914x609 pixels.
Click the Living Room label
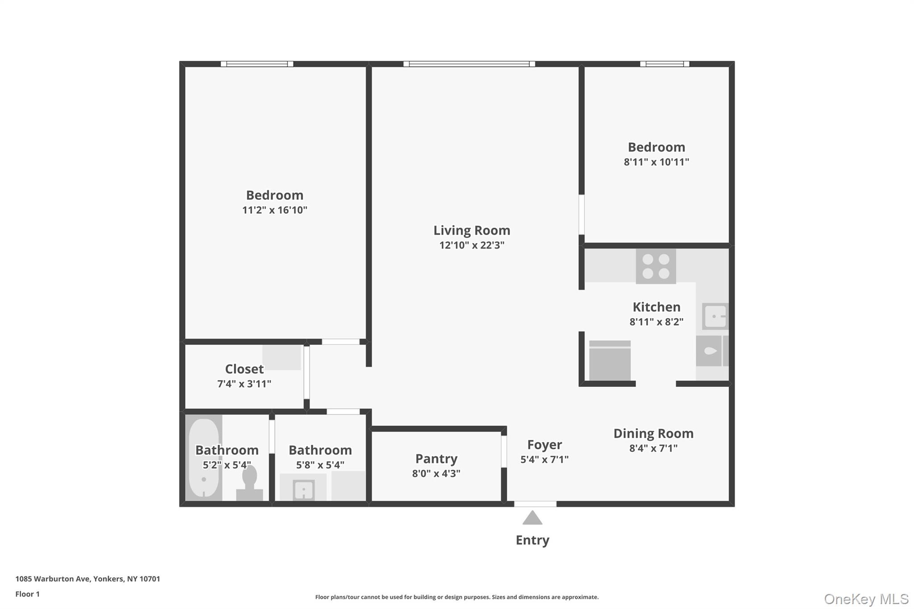(472, 230)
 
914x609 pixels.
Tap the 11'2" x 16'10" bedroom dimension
(274, 210)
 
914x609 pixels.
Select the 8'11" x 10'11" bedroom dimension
(656, 162)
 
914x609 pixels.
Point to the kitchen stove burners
(656, 266)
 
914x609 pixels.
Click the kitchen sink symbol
(715, 316)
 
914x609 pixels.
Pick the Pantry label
(436, 459)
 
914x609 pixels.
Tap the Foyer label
(544, 445)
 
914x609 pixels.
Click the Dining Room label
(653, 433)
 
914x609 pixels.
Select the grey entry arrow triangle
(532, 518)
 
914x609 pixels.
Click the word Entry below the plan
(532, 540)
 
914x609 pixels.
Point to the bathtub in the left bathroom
(204, 457)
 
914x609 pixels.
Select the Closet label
(244, 369)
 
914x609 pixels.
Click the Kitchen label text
(656, 307)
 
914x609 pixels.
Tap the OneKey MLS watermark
(866, 599)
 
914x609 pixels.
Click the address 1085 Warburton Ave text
(87, 579)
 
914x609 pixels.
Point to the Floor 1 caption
(28, 594)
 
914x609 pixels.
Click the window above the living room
(469, 64)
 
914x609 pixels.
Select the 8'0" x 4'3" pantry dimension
(436, 473)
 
